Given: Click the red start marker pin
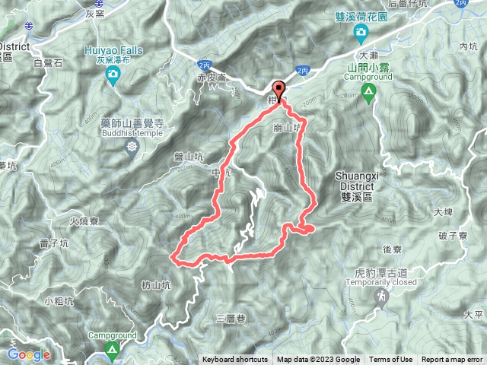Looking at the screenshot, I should [279, 90].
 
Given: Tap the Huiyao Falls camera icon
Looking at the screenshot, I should [113, 75].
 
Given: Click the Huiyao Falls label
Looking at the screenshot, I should [113, 51].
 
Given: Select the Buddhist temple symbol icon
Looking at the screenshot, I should [134, 145].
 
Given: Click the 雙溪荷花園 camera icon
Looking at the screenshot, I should [360, 31].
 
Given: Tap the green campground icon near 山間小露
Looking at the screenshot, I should [369, 94].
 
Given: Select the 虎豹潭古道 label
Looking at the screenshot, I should [364, 271].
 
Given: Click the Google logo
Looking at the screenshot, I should [29, 354].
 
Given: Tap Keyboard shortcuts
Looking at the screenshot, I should [235, 360].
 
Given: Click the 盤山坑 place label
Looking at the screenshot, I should [189, 157].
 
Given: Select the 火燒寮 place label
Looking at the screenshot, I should [85, 222].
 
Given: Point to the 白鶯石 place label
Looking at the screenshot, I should [49, 64].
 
